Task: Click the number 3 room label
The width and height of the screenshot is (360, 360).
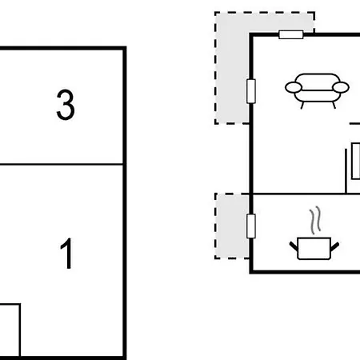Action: [x=66, y=105]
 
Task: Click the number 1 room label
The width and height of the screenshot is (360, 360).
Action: [x=66, y=254]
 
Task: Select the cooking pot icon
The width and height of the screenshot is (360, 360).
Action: [x=314, y=248]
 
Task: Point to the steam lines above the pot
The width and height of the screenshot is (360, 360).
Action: [x=315, y=220]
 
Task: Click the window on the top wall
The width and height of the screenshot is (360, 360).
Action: [x=291, y=34]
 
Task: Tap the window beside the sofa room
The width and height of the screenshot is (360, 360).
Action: [x=251, y=91]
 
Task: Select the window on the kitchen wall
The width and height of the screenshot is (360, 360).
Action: [x=251, y=226]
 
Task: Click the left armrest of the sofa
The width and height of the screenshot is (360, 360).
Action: [x=294, y=87]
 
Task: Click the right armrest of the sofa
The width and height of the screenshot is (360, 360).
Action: [x=341, y=87]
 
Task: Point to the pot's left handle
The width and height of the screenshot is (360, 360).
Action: [x=294, y=246]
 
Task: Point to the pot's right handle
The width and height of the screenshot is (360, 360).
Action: [x=335, y=246]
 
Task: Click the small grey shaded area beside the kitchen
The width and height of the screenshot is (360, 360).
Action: [x=232, y=226]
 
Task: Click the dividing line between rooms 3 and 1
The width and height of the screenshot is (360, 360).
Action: [x=62, y=164]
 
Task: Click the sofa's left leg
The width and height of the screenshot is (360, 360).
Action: [x=302, y=106]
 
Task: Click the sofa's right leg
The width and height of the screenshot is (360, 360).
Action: [x=334, y=105]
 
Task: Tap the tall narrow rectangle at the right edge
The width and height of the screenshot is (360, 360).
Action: [x=356, y=161]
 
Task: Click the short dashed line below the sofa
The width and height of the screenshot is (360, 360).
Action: [x=354, y=123]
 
